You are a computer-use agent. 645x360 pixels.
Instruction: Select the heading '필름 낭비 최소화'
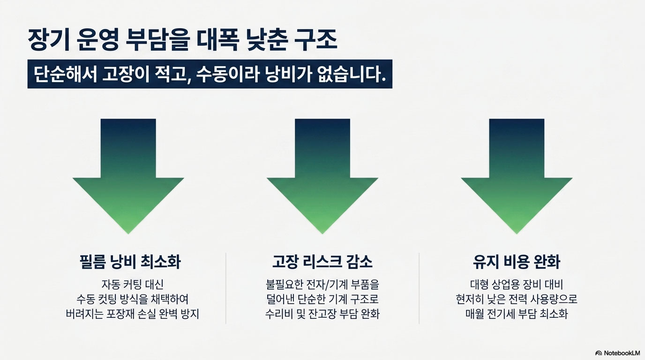coord(130,262)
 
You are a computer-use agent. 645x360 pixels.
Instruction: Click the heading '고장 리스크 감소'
coord(322,262)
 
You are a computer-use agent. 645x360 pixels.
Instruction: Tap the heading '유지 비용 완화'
coord(517,262)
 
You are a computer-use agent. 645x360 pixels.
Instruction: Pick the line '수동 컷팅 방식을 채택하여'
coord(132,299)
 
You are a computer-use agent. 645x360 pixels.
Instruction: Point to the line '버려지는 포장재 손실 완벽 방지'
coord(132,314)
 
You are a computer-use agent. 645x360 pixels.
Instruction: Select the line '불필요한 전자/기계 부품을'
coord(322,284)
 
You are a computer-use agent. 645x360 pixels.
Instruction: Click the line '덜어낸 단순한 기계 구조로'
coord(322,299)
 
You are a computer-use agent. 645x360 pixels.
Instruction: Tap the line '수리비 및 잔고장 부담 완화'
coord(322,314)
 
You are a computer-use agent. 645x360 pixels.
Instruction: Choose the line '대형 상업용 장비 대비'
coord(517,284)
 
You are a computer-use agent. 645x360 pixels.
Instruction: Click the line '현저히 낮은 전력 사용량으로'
coord(517,299)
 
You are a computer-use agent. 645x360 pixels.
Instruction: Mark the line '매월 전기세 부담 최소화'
coord(517,314)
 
